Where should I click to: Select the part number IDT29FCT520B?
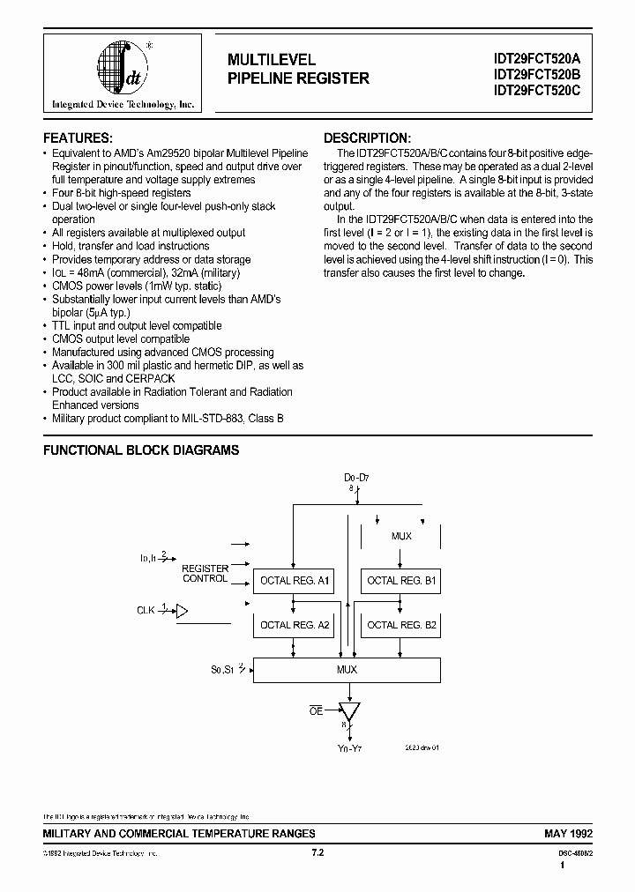tap(538, 74)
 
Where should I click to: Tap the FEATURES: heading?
tap(78, 138)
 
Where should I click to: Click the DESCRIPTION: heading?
tap(367, 138)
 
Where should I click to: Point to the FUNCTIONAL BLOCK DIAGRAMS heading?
tap(142, 450)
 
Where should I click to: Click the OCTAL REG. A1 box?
tap(294, 581)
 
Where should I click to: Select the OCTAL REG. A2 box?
tap(294, 625)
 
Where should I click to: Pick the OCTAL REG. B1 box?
tap(401, 581)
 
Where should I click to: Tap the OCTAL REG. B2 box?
tap(401, 625)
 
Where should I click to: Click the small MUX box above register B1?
tap(401, 536)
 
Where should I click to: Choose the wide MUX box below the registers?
tap(347, 670)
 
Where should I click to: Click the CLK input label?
tap(146, 610)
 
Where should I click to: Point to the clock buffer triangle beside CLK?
tap(183, 610)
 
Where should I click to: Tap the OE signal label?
tap(316, 710)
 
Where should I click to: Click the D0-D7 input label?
tap(357, 478)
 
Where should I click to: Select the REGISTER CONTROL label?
tap(205, 574)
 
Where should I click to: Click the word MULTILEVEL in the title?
tap(272, 60)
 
